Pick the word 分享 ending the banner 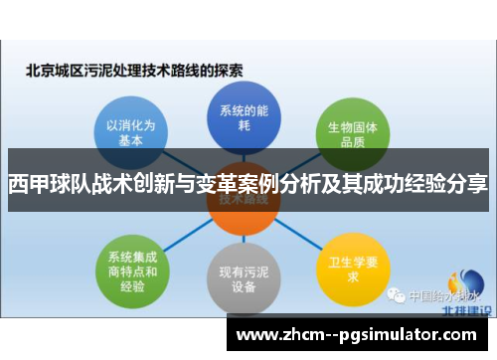pos(471,184)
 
